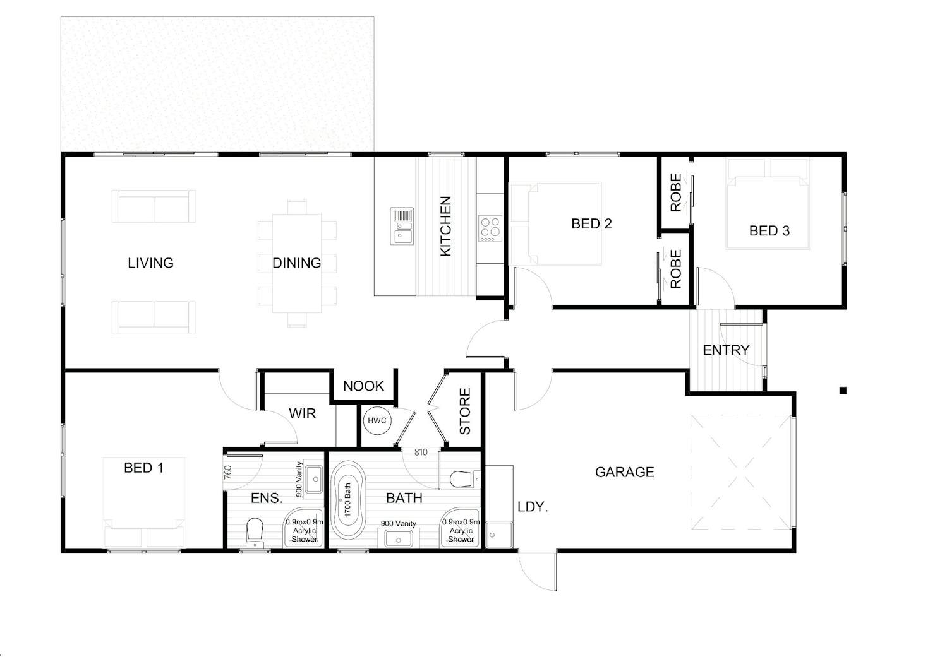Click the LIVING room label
(x=150, y=263)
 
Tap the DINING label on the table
(x=296, y=263)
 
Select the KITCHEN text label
(x=446, y=226)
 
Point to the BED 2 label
(x=591, y=224)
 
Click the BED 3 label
(x=769, y=231)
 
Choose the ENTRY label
(x=726, y=350)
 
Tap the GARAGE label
(x=624, y=472)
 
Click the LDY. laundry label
(x=533, y=507)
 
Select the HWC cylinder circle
(x=377, y=420)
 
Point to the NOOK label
(x=363, y=386)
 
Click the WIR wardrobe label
(x=302, y=413)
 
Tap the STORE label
(x=465, y=411)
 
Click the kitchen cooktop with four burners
(x=490, y=228)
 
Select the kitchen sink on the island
(x=402, y=226)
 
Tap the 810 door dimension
(x=421, y=453)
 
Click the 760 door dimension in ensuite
(x=228, y=472)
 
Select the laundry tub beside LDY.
(x=499, y=535)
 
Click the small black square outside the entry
(x=843, y=391)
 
